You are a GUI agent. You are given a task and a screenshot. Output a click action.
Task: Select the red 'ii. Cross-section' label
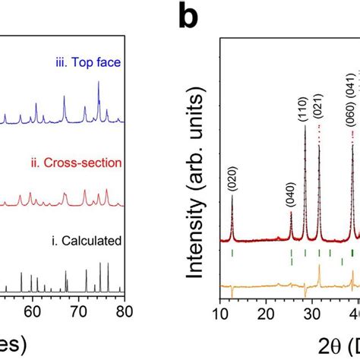click(x=81, y=162)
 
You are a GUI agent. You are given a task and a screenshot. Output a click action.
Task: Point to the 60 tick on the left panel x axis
click(x=31, y=309)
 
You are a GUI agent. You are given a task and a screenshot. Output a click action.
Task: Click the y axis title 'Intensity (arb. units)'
click(x=191, y=182)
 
